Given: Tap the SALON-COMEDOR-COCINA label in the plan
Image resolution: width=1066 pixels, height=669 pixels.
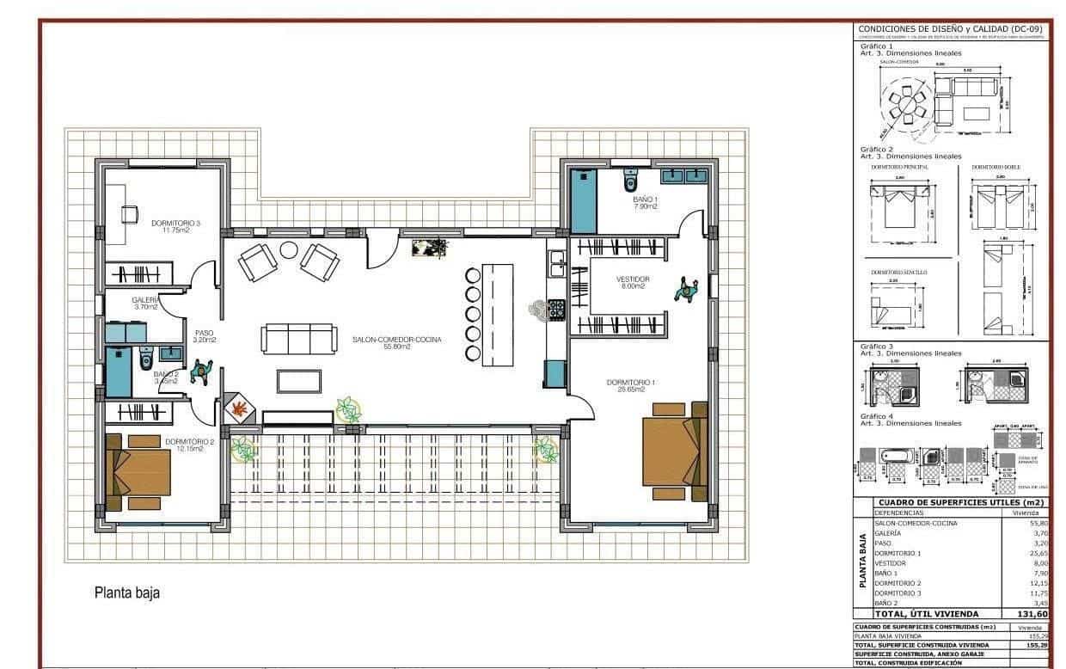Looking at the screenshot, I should click(x=396, y=340).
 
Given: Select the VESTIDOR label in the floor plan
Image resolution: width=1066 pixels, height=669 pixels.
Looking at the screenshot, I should click(x=632, y=279).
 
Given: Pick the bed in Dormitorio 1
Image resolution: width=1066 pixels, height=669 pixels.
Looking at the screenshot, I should click(x=674, y=451).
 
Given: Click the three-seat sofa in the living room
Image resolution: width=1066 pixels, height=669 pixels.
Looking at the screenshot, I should click(x=298, y=339).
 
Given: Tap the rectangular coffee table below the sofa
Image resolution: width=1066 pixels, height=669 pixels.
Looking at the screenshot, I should click(x=298, y=380).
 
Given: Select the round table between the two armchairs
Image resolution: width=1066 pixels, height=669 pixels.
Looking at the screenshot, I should click(x=288, y=250).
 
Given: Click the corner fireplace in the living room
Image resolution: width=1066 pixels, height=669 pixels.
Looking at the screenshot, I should click(x=240, y=408).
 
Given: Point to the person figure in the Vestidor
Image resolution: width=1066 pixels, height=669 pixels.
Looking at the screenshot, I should click(x=686, y=290).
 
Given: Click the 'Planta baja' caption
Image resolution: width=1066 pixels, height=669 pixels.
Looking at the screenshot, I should click(x=126, y=592).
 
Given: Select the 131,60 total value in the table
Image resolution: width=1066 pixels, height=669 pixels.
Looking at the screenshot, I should click(x=1032, y=614).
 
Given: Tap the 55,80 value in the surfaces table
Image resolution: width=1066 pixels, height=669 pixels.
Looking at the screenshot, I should click(x=1038, y=523).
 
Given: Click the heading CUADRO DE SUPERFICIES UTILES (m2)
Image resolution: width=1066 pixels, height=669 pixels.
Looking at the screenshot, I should click(x=960, y=502).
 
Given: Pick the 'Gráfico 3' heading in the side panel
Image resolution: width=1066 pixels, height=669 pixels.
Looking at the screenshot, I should click(x=876, y=346).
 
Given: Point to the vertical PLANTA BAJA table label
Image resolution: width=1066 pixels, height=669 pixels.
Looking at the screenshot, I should click(x=862, y=562).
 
